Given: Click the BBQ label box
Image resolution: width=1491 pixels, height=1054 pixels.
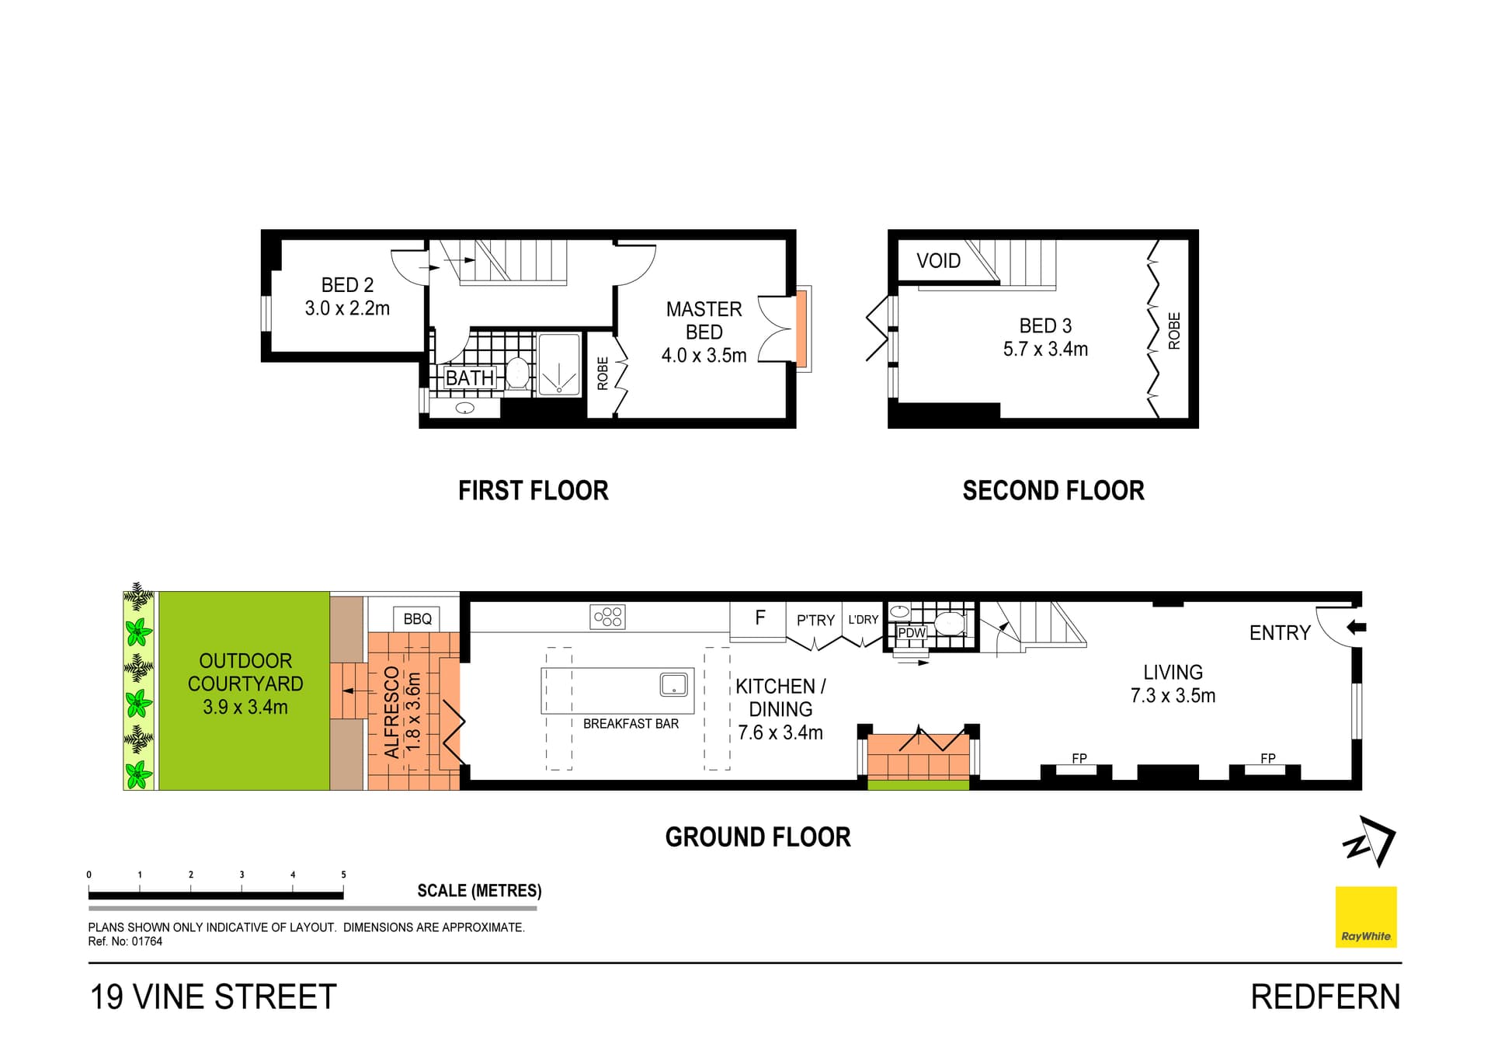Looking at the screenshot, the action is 418,619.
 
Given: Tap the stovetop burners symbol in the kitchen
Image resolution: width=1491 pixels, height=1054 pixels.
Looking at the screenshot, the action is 607,617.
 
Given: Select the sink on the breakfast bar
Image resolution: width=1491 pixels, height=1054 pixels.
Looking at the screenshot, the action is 673,684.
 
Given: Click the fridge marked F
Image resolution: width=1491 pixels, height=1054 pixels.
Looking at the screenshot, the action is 758,620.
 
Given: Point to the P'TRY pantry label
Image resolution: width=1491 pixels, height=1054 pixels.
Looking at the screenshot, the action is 815,621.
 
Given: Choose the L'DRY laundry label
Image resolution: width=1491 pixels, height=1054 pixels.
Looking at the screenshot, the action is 863,620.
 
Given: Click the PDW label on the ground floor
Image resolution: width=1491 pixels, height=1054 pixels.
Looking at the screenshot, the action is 912,633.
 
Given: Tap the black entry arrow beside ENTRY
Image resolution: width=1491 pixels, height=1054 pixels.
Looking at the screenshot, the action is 1356,627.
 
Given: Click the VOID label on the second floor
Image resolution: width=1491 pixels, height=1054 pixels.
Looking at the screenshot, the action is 938,261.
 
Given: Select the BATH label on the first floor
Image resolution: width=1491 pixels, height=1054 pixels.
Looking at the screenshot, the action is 470,378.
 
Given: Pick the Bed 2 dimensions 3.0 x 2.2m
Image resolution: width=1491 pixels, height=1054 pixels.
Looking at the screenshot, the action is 347,308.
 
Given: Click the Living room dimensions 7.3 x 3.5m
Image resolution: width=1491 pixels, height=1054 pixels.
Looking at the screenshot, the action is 1173,696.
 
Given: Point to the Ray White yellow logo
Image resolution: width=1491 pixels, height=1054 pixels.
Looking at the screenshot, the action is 1366,917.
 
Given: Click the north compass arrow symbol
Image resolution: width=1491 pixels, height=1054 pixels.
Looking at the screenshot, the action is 1370,842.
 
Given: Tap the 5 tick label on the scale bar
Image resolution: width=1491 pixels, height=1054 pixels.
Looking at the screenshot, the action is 343,875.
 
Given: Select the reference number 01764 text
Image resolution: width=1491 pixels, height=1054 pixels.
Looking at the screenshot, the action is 147,941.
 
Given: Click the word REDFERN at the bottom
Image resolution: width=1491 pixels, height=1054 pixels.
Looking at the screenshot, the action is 1326,997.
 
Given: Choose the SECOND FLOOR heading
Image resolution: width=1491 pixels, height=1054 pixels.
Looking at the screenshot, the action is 1053,491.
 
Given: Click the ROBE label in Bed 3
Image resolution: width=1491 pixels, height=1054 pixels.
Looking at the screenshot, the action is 1174,331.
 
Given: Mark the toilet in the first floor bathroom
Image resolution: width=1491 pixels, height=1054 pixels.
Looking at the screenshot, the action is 518,372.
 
